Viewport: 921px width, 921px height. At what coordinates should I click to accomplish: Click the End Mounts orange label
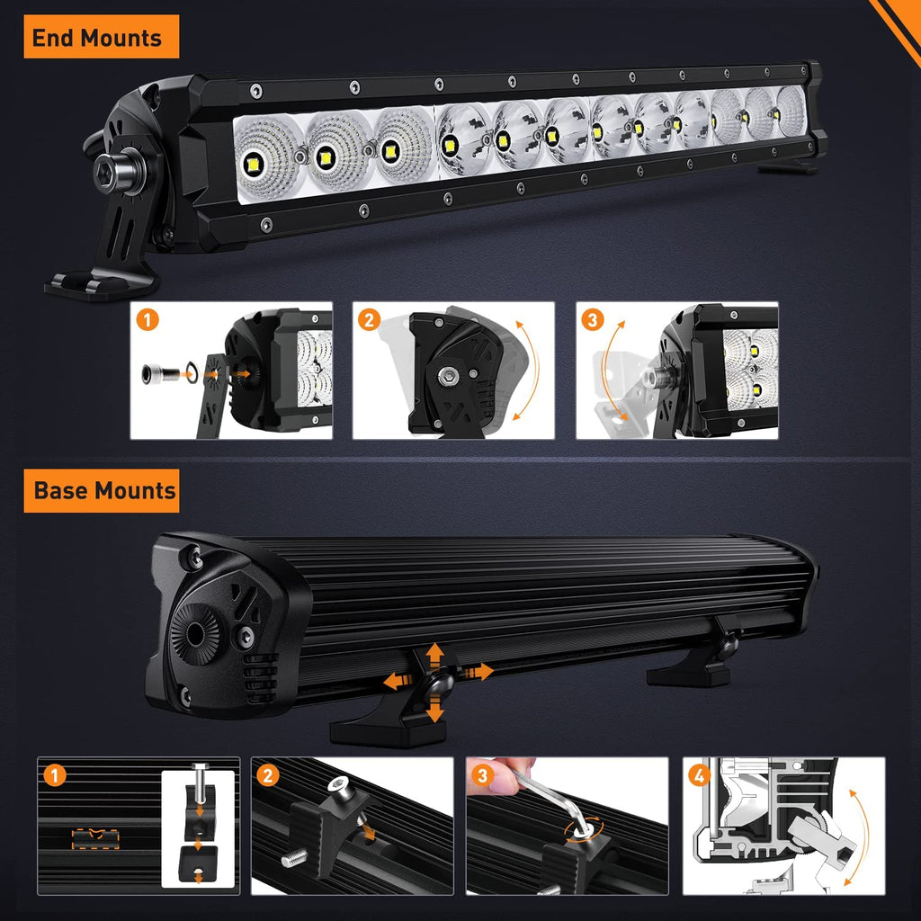pos(97,38)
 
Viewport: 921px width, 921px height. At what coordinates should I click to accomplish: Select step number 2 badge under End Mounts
pos(369,319)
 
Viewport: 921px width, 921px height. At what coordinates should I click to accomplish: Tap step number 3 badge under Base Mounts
pos(484,774)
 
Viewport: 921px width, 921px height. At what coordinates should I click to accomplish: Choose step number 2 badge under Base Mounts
pos(267,774)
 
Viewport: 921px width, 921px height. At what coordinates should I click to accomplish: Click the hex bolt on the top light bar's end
pos(111,166)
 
